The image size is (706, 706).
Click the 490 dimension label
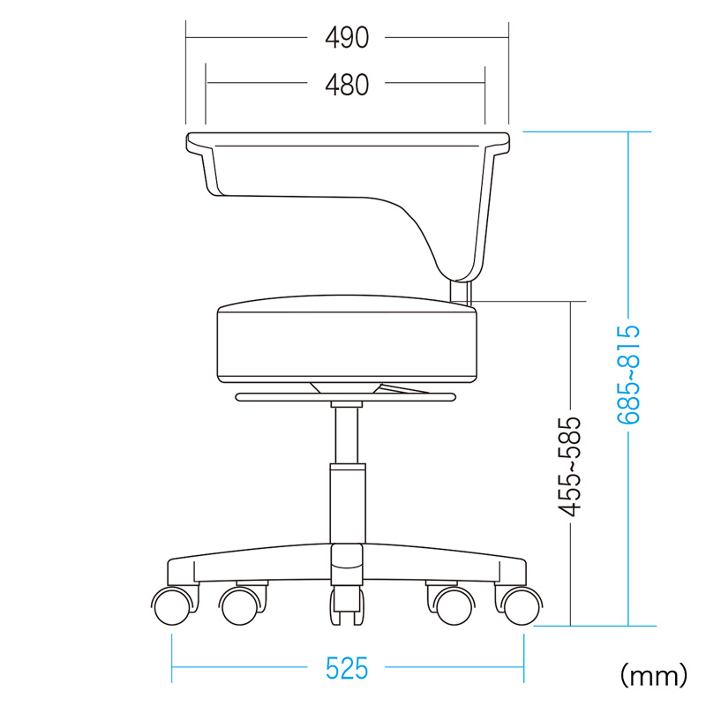(x=347, y=37)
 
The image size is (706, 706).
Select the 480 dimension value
(x=347, y=85)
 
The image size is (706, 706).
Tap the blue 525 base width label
(x=347, y=668)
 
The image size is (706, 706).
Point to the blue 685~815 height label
(x=628, y=374)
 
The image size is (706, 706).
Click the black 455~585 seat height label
(x=569, y=467)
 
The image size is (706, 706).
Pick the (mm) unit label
(x=654, y=674)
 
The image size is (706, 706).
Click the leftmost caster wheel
(x=173, y=605)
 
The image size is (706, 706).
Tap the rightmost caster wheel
(x=521, y=605)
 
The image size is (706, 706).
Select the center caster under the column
(x=347, y=605)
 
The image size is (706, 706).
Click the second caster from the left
(x=240, y=605)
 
